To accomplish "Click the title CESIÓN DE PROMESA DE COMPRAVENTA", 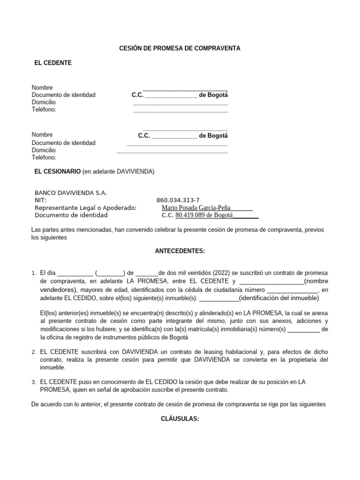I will click(180, 48).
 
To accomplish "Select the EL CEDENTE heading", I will click(53, 63).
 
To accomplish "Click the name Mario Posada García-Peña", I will click(196, 208).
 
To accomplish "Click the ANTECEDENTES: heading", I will click(180, 251).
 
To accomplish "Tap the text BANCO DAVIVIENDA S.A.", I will click(71, 193).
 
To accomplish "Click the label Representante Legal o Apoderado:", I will click(85, 208).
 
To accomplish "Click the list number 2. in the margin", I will click(34, 352).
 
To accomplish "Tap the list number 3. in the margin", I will click(34, 382).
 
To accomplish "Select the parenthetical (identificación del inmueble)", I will click(279, 298).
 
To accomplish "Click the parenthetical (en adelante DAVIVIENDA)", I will click(118, 172).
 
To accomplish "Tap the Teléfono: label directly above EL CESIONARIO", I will click(44, 157).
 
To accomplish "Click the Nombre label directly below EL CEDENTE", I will click(42, 88).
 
